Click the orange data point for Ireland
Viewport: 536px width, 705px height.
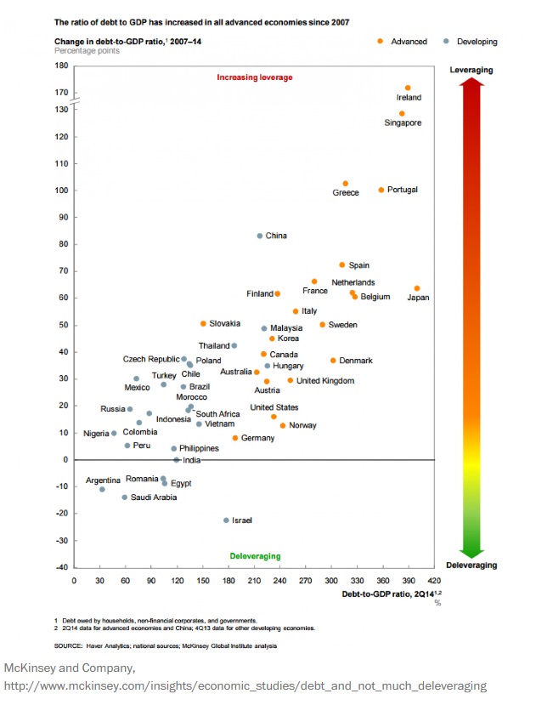click(408, 88)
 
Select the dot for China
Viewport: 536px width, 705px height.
click(260, 236)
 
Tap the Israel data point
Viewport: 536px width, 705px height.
click(226, 520)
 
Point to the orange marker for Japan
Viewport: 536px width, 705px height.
click(417, 289)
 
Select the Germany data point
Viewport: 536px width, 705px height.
click(235, 438)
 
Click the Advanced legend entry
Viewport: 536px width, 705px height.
click(403, 41)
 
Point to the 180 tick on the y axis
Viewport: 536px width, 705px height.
click(61, 65)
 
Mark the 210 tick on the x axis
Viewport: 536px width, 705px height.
click(254, 581)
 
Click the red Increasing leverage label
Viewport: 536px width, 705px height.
click(255, 77)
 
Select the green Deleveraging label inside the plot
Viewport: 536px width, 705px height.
click(255, 556)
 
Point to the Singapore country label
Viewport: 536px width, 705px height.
click(403, 123)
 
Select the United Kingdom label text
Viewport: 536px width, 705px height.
click(325, 381)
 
